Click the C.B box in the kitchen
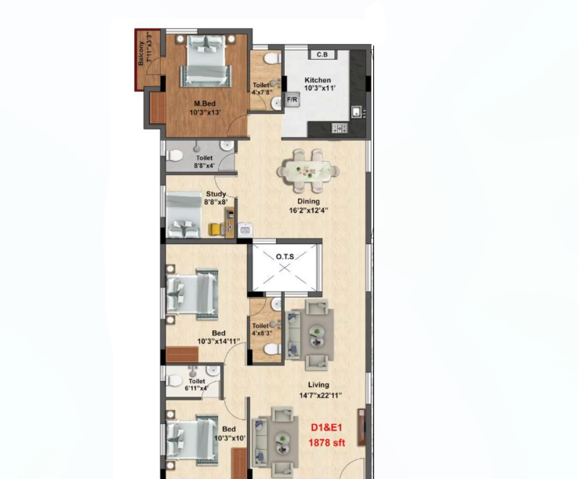pos(322,55)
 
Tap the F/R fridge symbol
pos(292,100)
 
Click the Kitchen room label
pos(318,80)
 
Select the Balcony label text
pos(141,53)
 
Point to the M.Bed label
pos(205,104)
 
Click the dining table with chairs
pos(308,171)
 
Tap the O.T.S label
pos(285,257)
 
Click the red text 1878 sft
pos(326,442)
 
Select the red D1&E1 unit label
pos(326,428)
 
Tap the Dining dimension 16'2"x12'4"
pos(308,210)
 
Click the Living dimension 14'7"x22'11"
pos(320,396)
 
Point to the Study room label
pos(216,194)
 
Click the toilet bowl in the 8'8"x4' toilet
pos(174,155)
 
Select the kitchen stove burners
pos(340,128)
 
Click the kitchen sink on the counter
pos(357,112)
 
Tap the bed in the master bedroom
pos(206,61)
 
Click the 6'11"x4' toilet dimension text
pos(197,388)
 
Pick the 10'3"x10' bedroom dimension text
pos(230,438)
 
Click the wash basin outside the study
pos(245,230)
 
